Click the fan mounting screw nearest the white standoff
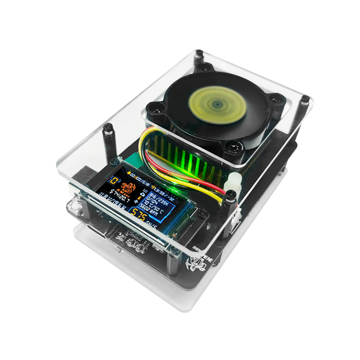(230, 150)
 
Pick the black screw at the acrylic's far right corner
(305, 99)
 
